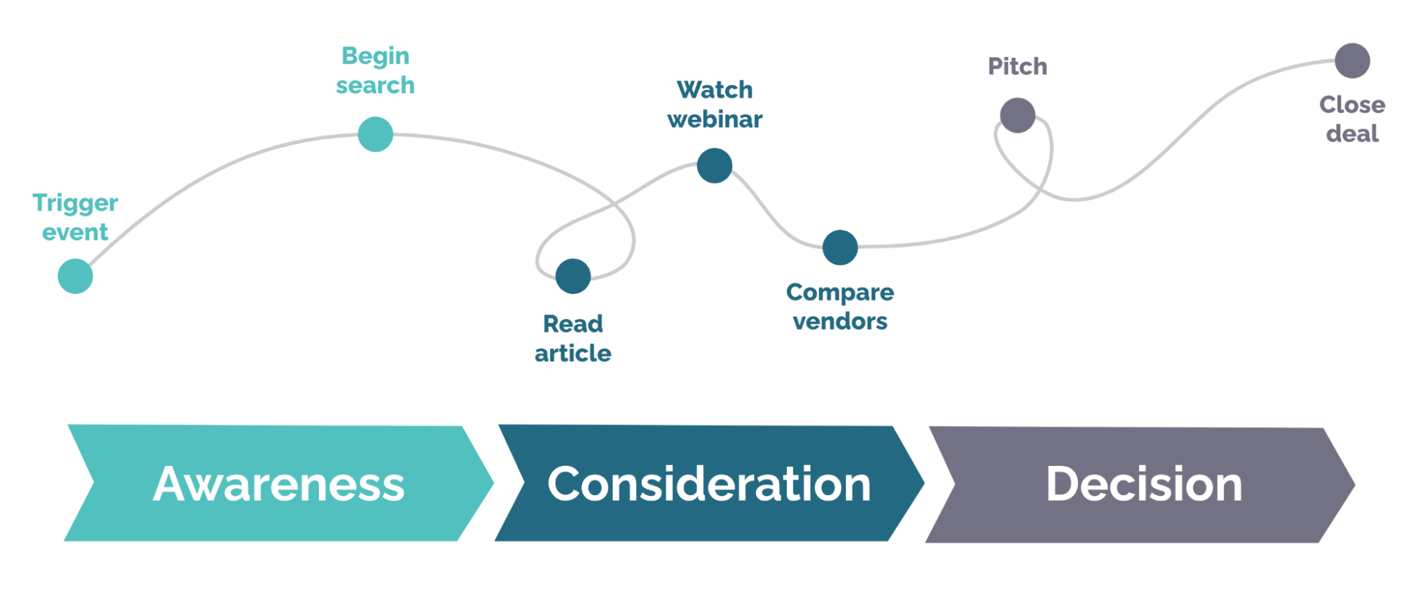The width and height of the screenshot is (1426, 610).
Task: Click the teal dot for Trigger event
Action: (x=75, y=276)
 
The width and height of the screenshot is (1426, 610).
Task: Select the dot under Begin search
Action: (x=375, y=134)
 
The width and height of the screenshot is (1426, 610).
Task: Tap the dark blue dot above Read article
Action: (x=573, y=276)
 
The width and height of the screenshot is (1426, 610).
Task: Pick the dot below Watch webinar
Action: (x=714, y=166)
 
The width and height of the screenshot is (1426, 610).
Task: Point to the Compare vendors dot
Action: (x=840, y=248)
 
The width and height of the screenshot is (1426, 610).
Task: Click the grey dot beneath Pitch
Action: (x=1017, y=115)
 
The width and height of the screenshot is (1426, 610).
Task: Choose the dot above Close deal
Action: (x=1352, y=61)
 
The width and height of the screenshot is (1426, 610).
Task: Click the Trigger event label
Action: (x=75, y=218)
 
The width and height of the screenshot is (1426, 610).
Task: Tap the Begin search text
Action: (x=375, y=71)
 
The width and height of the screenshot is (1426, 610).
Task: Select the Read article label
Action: (x=573, y=338)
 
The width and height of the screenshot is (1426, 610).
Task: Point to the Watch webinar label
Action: (x=714, y=104)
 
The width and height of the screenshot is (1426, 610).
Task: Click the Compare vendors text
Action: (x=840, y=307)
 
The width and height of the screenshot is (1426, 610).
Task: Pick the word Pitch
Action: (x=1017, y=66)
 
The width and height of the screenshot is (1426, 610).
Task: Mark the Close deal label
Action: (x=1352, y=119)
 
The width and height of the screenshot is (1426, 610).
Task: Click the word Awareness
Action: (x=278, y=484)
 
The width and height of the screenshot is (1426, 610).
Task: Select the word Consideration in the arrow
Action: (x=709, y=484)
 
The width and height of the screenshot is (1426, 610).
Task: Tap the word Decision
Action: (x=1144, y=484)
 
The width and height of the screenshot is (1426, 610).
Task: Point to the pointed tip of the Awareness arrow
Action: (x=492, y=484)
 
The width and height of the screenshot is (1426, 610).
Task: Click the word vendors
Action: (x=840, y=322)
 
